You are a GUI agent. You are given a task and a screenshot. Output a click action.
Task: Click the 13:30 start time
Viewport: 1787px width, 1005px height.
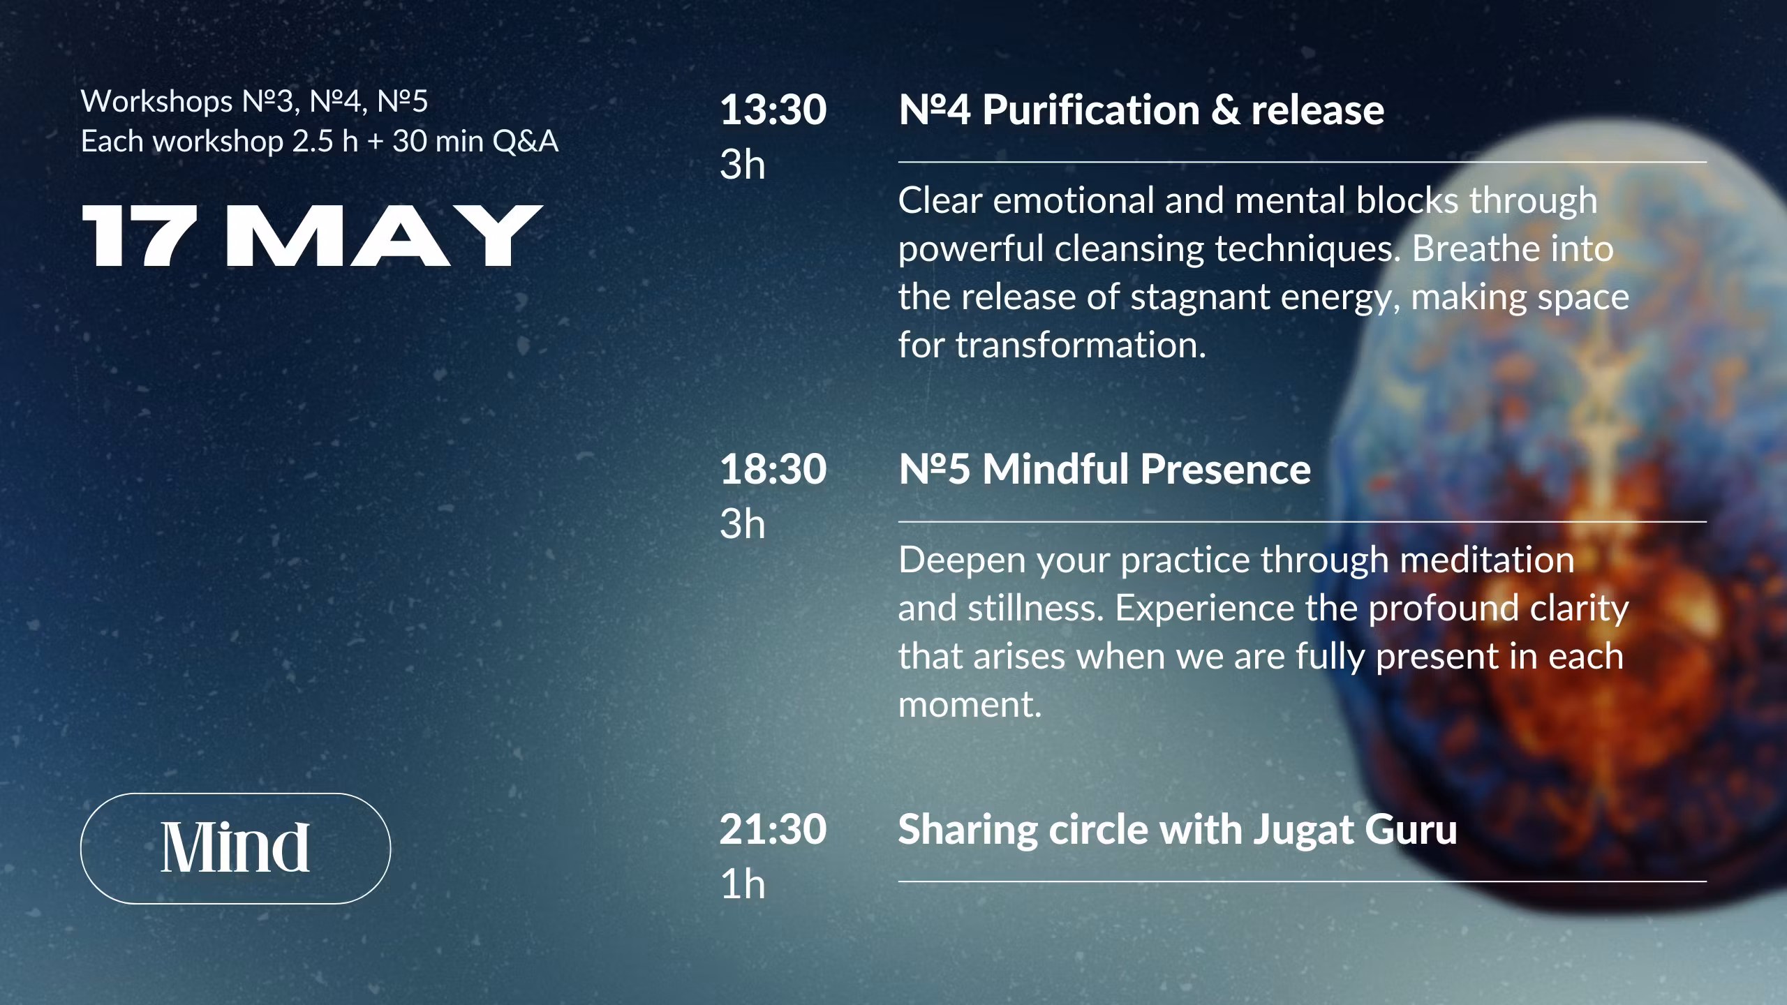773,110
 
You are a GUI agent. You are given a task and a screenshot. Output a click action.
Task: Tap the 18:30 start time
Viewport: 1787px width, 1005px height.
773,469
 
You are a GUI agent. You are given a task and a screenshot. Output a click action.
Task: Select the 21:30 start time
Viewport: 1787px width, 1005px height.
773,829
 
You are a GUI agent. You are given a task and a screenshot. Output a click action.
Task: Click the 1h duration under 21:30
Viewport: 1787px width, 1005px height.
743,884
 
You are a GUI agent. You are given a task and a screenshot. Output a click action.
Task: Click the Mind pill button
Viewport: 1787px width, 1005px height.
235,848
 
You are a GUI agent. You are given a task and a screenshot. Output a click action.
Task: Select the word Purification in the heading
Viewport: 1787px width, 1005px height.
1090,110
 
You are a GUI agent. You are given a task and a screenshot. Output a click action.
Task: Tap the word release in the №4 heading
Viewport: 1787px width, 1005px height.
1317,110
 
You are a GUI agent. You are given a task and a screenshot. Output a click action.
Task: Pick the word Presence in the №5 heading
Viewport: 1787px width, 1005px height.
1225,469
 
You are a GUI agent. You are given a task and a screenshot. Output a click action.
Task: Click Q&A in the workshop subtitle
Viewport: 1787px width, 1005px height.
526,141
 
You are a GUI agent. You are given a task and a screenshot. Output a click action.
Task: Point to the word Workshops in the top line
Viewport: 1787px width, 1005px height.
157,102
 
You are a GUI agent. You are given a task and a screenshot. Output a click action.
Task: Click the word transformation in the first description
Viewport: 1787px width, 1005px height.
1080,345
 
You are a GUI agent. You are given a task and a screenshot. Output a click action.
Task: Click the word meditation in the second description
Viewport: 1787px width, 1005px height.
1487,560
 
